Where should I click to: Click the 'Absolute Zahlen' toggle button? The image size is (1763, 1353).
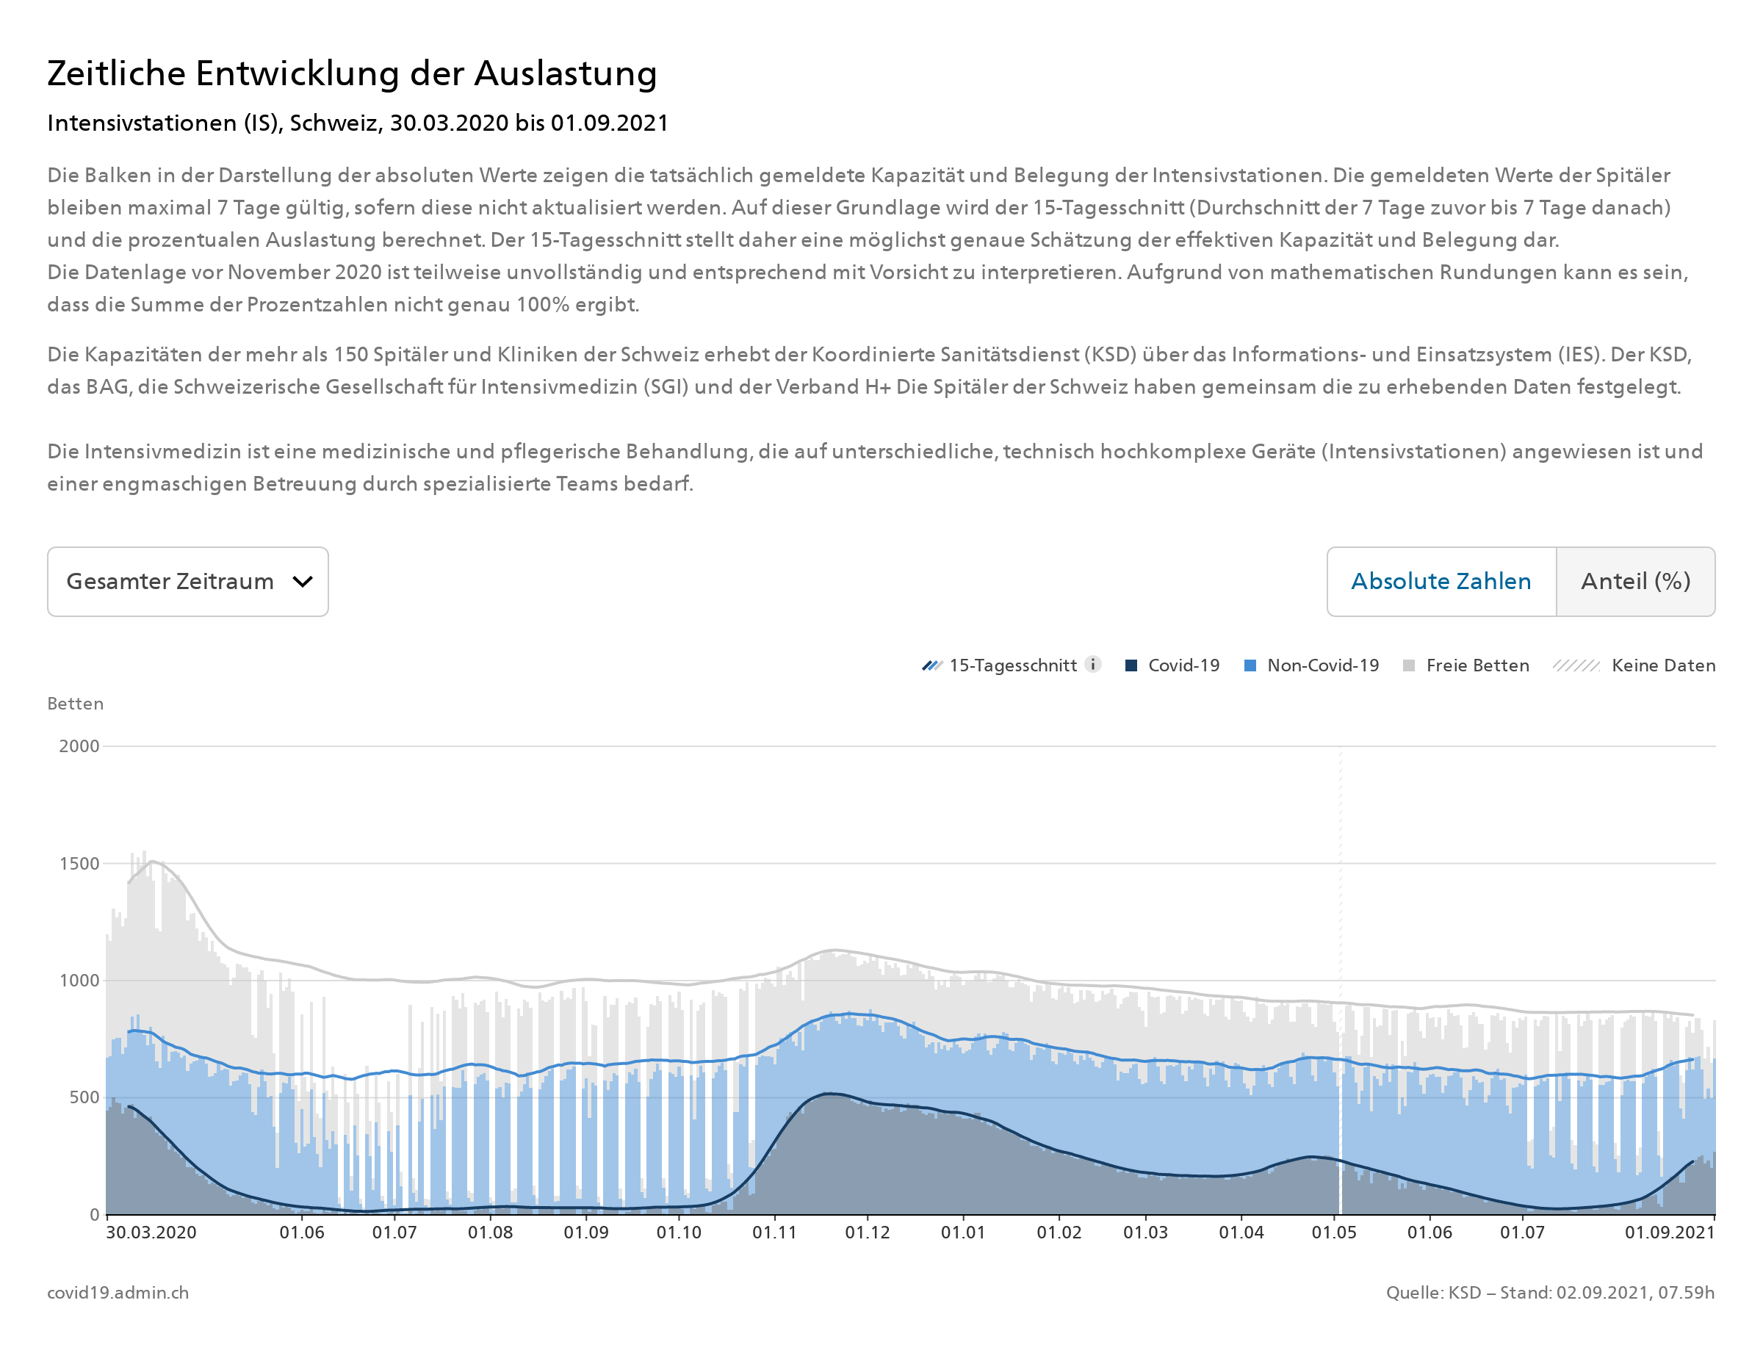coord(1440,582)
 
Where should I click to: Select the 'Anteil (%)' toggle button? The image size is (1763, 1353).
coord(1635,582)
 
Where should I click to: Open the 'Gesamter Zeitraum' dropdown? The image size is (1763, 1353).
coord(187,582)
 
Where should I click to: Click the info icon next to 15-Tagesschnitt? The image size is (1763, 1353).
coord(1093,665)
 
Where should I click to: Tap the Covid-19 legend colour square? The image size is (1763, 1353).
coord(1131,665)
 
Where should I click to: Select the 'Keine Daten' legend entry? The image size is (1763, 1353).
coord(1662,665)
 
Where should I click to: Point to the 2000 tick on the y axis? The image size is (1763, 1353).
coord(79,746)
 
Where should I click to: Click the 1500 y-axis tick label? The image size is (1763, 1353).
coord(79,863)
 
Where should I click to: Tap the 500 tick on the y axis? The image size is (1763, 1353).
coord(84,1097)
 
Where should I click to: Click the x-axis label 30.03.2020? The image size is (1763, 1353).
coord(151,1233)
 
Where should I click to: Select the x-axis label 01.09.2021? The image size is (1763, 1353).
coord(1669,1233)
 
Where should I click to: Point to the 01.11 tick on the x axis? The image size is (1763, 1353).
coord(774,1233)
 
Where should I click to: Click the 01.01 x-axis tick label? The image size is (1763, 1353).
coord(962,1233)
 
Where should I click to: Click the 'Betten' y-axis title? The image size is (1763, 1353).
coord(75,703)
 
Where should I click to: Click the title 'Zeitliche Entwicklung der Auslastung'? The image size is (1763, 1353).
coord(352,73)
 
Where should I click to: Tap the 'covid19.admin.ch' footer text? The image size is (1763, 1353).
coord(118,1293)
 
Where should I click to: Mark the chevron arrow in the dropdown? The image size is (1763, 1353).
coord(302,582)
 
